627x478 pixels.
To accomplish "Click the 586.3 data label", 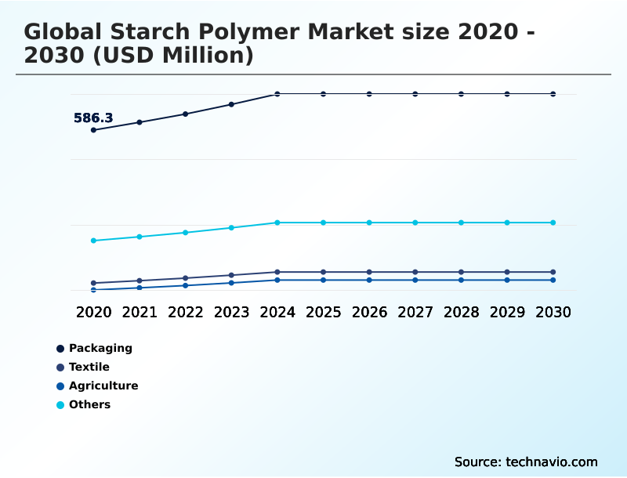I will (93, 118).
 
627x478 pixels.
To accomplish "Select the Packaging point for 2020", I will (93, 130).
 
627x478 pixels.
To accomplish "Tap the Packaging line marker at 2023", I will (231, 104).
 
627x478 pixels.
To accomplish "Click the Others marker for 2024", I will (277, 223).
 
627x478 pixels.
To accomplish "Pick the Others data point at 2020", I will (93, 241).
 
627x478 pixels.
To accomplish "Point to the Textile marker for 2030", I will (553, 272).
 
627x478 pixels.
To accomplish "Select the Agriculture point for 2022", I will (186, 285).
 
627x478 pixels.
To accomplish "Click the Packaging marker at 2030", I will (553, 94).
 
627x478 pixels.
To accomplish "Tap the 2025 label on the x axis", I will (323, 312).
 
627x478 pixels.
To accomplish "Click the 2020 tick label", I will (93, 312).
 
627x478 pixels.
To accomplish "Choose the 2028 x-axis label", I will (461, 312).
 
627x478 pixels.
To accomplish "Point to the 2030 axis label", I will (553, 312).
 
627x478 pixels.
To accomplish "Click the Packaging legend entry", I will (100, 348).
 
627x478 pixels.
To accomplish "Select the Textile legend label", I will (89, 367).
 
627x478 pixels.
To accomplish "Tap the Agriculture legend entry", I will (103, 386).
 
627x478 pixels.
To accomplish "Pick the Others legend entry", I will (89, 404).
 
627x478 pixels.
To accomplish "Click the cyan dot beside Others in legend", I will (60, 405).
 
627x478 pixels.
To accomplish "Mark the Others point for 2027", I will (415, 223).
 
